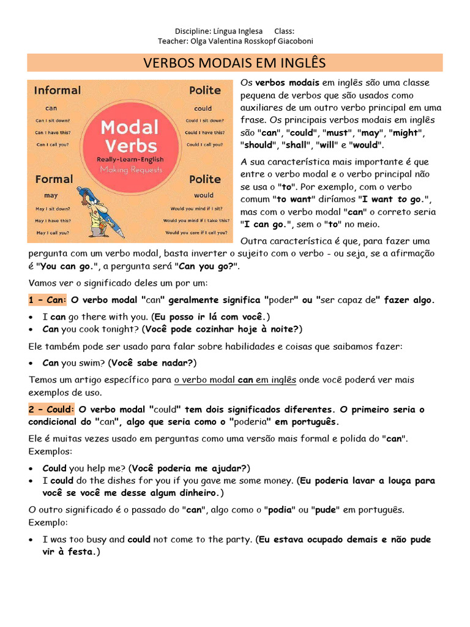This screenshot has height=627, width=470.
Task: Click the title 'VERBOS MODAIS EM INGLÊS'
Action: click(234, 63)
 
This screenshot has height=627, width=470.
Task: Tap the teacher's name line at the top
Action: click(235, 41)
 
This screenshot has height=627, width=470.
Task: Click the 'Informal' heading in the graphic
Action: click(57, 90)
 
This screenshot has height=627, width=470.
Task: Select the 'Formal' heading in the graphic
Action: click(54, 179)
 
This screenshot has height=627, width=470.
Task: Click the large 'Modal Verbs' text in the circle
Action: click(129, 137)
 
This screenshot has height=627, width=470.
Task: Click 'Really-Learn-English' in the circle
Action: click(129, 159)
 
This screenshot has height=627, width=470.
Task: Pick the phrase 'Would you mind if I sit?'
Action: click(196, 209)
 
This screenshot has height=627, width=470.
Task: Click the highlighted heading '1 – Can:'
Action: click(47, 300)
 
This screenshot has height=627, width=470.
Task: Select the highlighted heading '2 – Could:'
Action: click(51, 409)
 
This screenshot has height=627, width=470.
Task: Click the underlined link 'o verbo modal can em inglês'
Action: click(235, 380)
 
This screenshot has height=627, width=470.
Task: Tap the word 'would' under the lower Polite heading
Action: click(204, 195)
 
